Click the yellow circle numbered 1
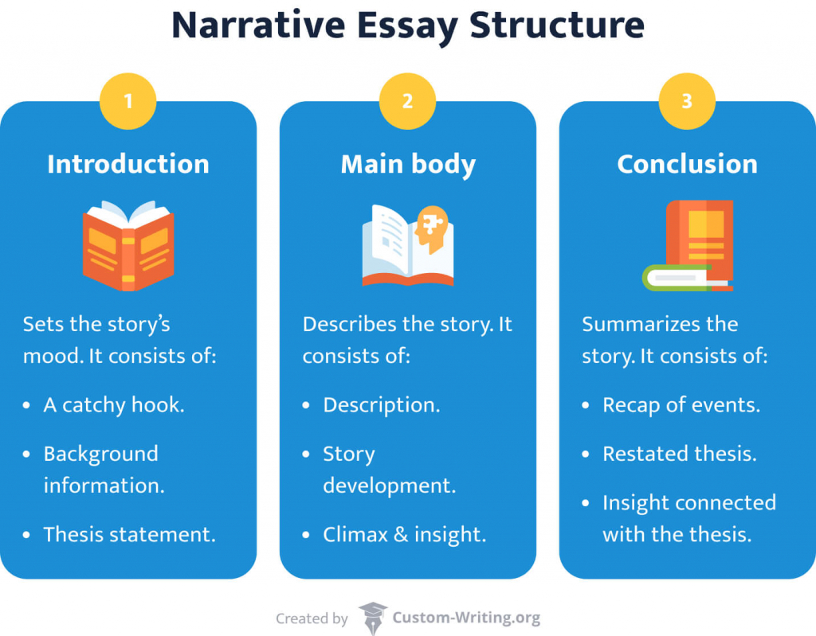[128, 102]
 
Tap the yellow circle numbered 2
[407, 102]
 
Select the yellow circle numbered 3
[687, 102]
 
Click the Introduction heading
[128, 164]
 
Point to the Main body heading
[408, 164]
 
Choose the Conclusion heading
[687, 164]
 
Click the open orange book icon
[128, 245]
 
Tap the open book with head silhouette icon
[408, 245]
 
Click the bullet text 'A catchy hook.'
[114, 404]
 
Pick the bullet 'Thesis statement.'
[130, 534]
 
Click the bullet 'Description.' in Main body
[381, 404]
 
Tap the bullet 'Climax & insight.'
[404, 534]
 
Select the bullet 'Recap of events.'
[681, 404]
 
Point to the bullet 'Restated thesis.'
[680, 454]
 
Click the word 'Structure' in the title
[556, 25]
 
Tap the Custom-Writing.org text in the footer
[466, 618]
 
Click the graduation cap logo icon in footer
[372, 618]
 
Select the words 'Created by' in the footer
[312, 618]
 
